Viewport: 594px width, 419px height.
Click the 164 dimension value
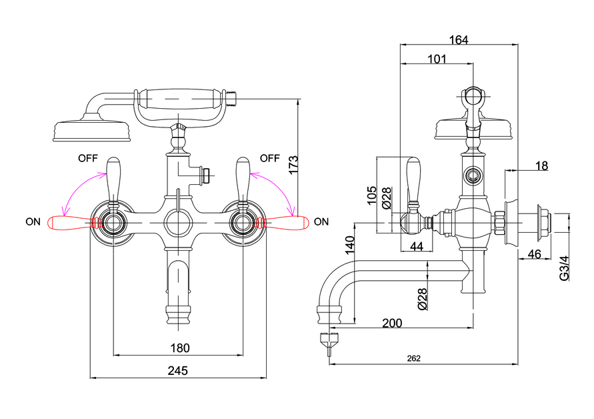tap(459, 40)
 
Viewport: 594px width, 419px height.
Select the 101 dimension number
tap(437, 59)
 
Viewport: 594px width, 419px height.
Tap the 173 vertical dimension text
tap(293, 165)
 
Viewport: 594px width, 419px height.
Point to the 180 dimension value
tap(179, 348)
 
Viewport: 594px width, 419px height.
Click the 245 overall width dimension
tap(178, 370)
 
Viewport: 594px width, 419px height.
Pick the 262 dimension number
tap(414, 358)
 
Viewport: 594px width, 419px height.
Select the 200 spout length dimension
tap(392, 323)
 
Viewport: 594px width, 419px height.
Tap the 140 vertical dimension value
tap(350, 245)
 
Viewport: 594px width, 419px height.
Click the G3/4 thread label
tap(564, 268)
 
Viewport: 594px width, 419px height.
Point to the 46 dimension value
tap(534, 254)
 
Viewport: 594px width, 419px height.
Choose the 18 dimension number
tap(541, 165)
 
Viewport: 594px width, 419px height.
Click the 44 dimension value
tap(417, 246)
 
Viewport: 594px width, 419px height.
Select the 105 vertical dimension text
tap(372, 195)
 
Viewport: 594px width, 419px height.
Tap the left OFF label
tap(88, 158)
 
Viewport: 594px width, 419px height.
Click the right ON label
tap(321, 222)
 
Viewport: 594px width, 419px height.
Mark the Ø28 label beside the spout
tap(423, 299)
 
